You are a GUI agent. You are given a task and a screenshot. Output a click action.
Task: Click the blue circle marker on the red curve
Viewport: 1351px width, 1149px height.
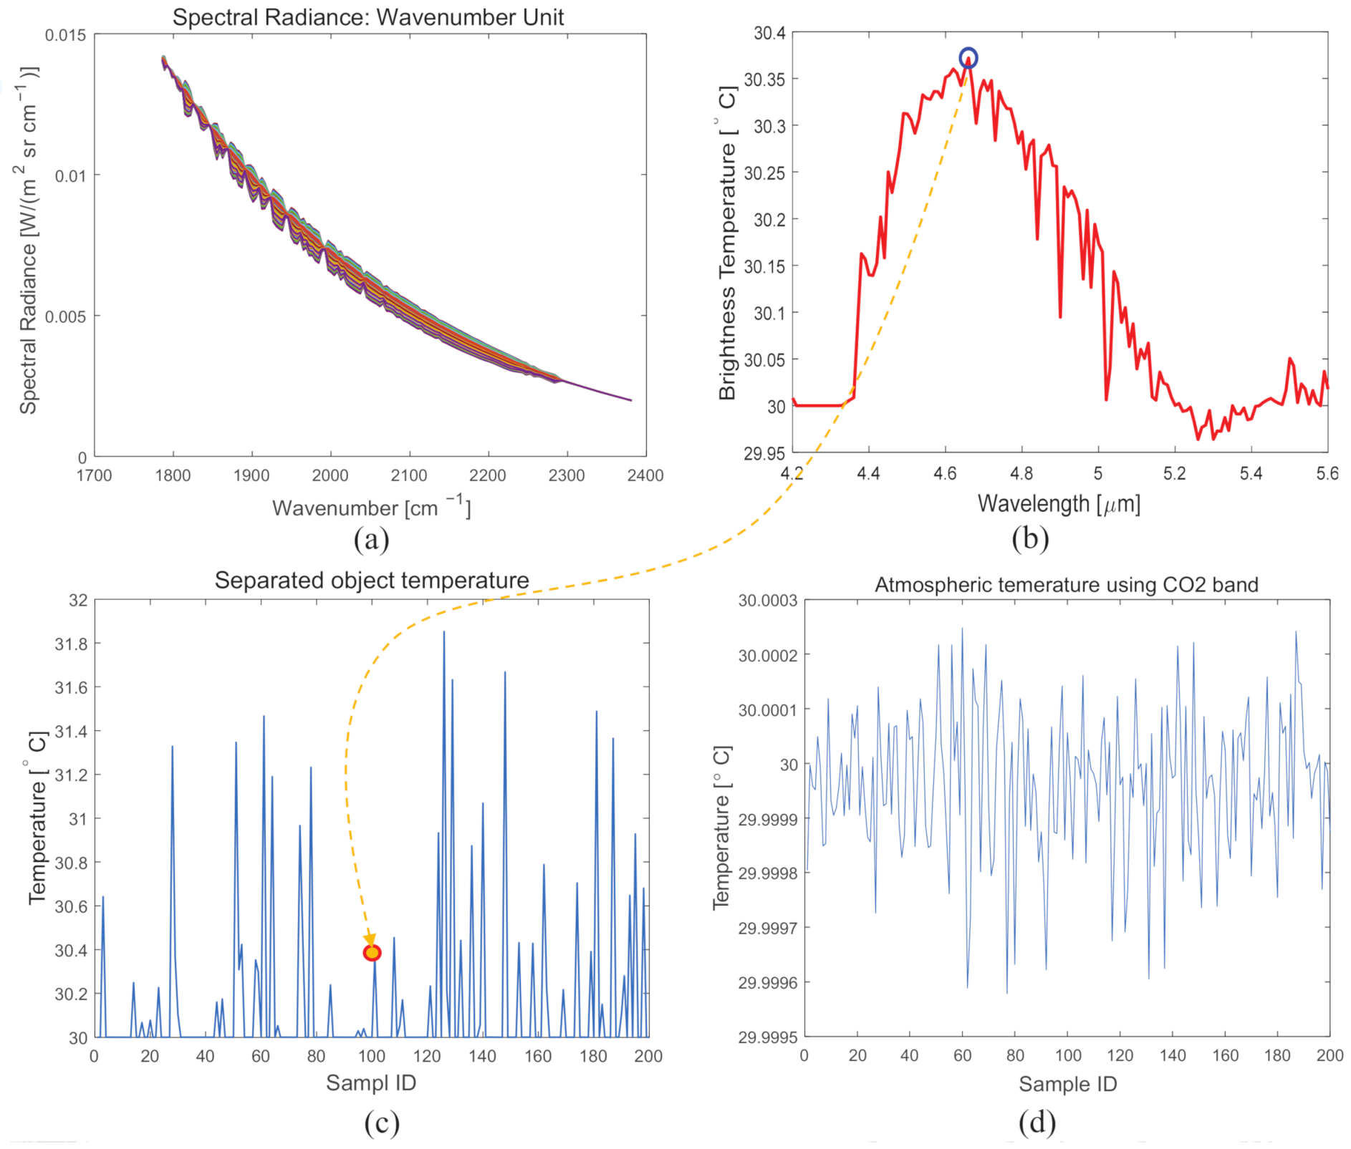click(968, 58)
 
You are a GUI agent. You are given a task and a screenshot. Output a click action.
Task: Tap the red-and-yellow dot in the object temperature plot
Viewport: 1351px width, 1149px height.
click(372, 953)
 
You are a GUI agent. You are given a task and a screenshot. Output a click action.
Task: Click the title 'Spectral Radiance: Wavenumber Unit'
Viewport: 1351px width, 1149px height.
click(368, 17)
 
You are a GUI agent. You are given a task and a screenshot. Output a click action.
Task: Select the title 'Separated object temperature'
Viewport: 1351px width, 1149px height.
click(372, 580)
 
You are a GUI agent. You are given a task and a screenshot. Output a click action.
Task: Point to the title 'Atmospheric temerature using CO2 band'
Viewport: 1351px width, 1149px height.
click(1066, 585)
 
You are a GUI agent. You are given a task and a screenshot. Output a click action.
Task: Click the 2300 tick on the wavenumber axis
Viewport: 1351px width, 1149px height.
click(567, 475)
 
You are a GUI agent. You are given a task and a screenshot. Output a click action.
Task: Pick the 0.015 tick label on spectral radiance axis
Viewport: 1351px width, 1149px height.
click(65, 35)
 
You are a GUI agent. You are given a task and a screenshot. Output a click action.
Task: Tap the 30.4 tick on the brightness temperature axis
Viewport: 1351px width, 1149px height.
click(769, 33)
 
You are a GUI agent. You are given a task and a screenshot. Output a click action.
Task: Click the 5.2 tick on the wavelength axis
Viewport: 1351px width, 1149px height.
click(1174, 473)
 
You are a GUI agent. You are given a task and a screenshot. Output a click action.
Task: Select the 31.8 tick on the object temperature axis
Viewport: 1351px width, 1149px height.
click(71, 644)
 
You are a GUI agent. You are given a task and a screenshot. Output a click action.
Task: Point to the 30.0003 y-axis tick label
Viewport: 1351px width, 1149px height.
click(768, 601)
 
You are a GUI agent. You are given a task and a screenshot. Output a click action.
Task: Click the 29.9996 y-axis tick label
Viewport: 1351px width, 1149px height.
click(768, 982)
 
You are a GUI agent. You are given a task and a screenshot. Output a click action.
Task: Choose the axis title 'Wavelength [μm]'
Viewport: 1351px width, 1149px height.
click(1059, 504)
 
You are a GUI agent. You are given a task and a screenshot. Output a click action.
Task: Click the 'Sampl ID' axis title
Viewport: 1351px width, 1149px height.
click(371, 1082)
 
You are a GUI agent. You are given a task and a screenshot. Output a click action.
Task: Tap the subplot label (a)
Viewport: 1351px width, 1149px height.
click(371, 539)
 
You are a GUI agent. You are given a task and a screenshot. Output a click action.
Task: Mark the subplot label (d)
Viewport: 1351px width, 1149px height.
click(1037, 1123)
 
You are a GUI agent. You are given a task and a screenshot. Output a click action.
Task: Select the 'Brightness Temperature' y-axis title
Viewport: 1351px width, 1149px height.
click(727, 243)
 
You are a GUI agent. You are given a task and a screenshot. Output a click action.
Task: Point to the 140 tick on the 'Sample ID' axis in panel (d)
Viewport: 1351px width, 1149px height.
click(1173, 1055)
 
